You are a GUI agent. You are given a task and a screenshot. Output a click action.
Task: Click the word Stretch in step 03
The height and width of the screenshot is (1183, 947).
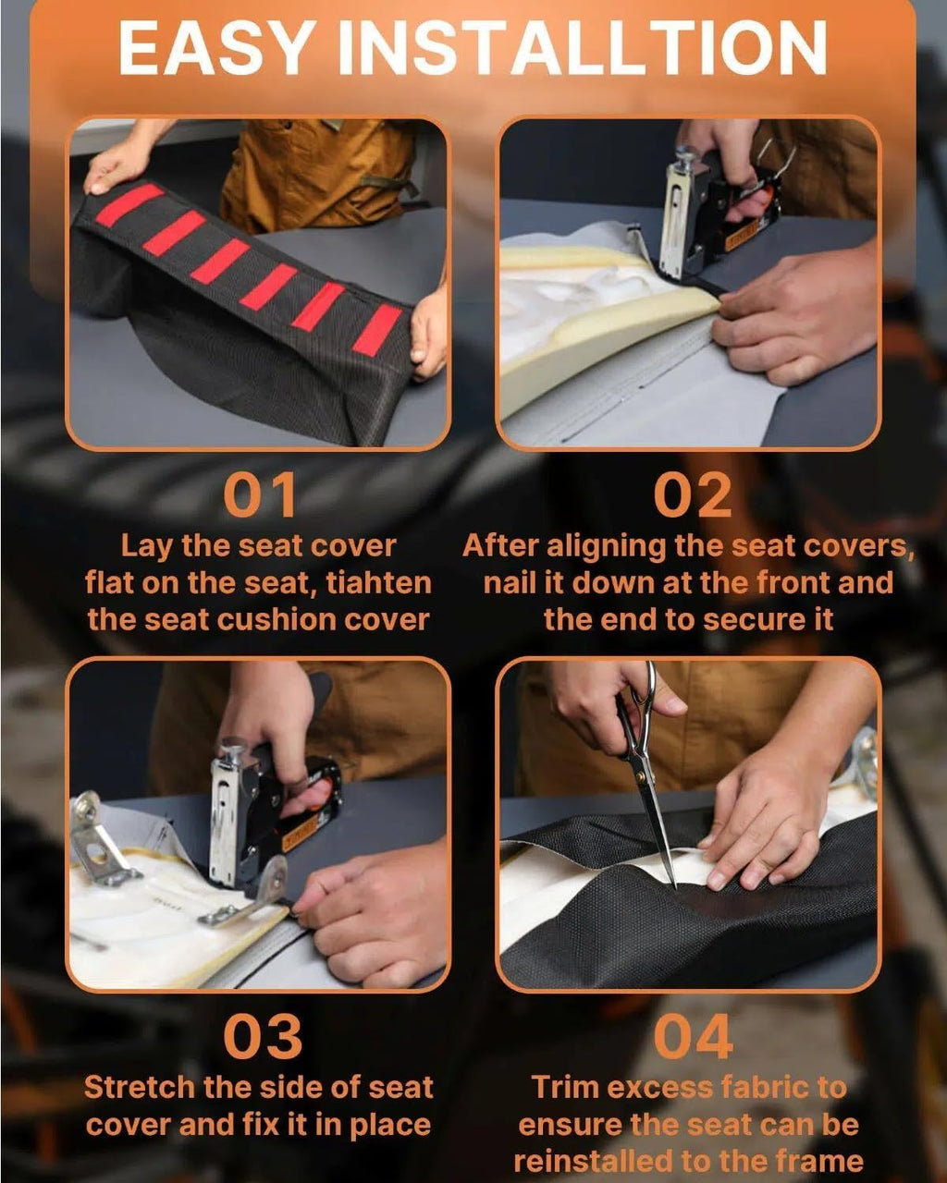(x=141, y=1088)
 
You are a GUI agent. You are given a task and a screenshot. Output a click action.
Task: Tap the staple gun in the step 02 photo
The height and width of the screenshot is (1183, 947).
(x=716, y=214)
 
